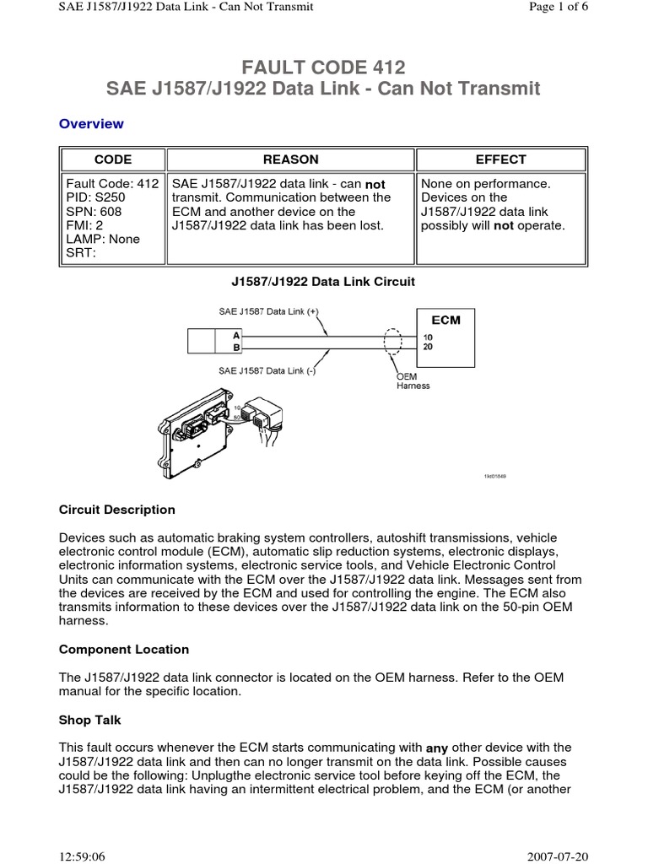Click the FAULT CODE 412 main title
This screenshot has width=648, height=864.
coord(323,67)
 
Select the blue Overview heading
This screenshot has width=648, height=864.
coord(91,124)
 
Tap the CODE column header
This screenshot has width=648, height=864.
coord(112,159)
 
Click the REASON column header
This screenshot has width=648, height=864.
coord(291,159)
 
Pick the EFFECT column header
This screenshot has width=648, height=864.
coord(500,159)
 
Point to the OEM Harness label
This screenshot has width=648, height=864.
coord(413,381)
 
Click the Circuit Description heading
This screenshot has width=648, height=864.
coord(117,510)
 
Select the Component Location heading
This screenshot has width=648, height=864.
coord(124,650)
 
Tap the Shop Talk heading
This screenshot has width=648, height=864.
coord(89,720)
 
